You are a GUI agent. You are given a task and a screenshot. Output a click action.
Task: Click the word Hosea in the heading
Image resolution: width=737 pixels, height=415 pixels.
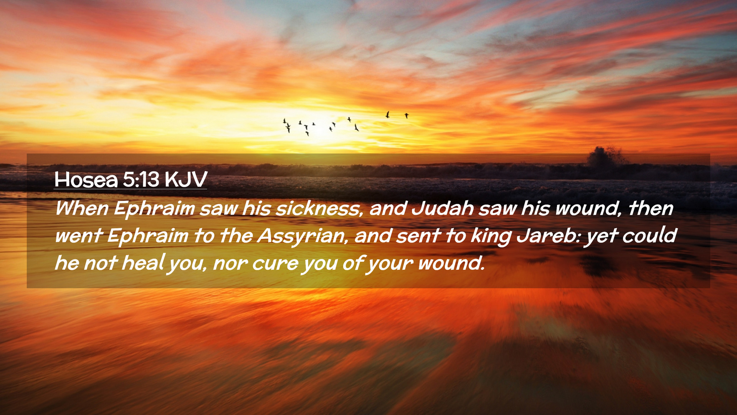pos(86,179)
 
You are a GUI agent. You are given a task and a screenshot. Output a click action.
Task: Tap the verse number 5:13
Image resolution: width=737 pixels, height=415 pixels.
pos(141,179)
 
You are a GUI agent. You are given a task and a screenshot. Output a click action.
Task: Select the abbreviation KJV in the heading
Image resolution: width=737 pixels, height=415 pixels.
pos(186,179)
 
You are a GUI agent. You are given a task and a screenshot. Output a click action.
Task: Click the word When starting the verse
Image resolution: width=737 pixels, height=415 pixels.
pos(82,208)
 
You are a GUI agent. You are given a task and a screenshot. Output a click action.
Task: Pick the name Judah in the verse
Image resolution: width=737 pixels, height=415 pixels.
pos(443,209)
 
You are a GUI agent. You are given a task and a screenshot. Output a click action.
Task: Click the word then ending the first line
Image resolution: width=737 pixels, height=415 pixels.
pos(651,208)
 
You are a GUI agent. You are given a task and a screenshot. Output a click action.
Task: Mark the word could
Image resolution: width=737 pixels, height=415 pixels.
pos(649,236)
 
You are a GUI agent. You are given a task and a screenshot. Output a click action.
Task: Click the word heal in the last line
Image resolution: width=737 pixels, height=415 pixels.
pos(143,263)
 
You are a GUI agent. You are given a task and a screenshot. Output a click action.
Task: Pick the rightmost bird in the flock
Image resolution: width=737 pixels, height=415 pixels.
pos(407,115)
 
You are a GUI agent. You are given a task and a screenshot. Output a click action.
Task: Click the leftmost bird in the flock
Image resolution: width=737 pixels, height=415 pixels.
pos(284,121)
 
